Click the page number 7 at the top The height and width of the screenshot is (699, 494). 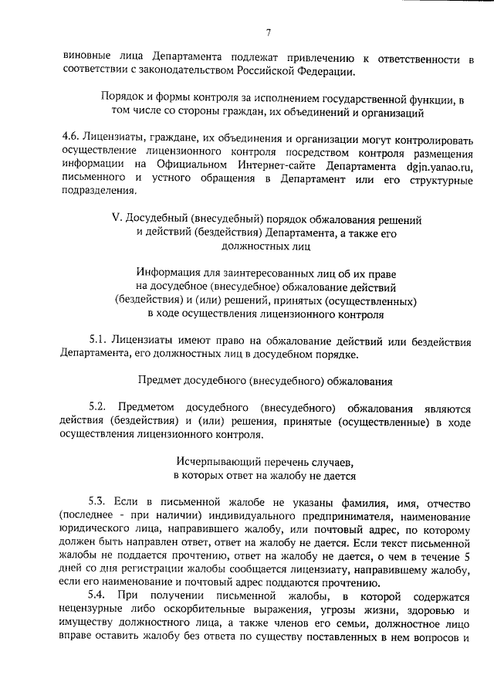[x=267, y=32]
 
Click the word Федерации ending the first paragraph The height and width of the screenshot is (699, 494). [x=323, y=72]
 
